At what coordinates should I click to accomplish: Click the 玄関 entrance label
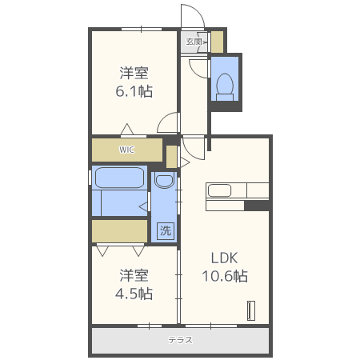pos(194,42)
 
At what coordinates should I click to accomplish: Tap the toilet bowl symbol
pos(225,87)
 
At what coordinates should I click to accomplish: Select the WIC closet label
pos(127,150)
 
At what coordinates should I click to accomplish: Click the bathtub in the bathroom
pos(120,178)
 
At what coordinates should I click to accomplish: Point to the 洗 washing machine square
pos(166,230)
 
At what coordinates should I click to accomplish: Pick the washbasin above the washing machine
pos(164,180)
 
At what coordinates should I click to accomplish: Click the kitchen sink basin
pos(219,190)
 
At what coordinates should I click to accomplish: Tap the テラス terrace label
pos(180,340)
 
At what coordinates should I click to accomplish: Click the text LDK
pos(224,258)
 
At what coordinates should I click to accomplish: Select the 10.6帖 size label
pos(225,276)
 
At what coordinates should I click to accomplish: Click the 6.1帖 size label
pos(134,91)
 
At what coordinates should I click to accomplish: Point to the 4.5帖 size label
pos(134,294)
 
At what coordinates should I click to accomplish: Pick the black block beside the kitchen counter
pos(257,206)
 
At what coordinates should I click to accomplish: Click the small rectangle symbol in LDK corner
pos(251,310)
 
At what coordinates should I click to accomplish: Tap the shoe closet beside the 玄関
pos(218,42)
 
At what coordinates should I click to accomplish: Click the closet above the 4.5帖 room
pos(119,231)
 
